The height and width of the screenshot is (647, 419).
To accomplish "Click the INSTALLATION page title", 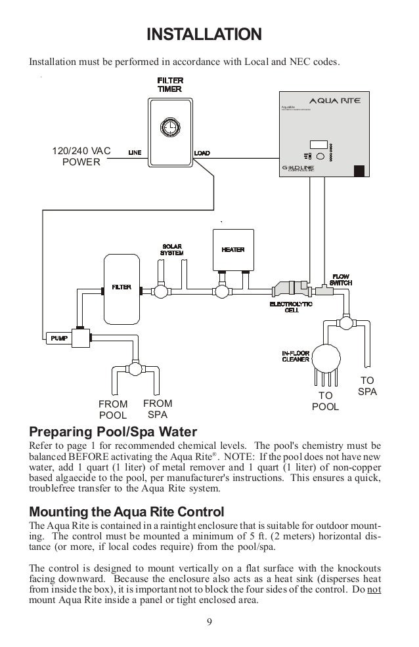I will [204, 33].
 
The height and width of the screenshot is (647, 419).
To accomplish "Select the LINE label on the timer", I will [134, 153].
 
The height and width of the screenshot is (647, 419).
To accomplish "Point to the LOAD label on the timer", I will [202, 153].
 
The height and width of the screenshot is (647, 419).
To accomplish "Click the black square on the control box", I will [359, 171].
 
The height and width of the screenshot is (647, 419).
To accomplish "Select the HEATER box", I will [232, 250].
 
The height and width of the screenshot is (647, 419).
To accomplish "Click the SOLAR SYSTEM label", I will [173, 249].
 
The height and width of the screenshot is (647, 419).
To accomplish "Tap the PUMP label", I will [56, 337].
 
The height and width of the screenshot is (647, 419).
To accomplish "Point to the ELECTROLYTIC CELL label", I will [291, 307].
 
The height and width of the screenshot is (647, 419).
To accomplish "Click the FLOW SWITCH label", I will [341, 279].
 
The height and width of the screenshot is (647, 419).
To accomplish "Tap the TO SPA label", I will [367, 386].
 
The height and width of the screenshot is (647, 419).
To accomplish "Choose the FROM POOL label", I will [113, 409].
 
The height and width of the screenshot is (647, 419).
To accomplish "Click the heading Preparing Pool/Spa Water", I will [113, 432].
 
